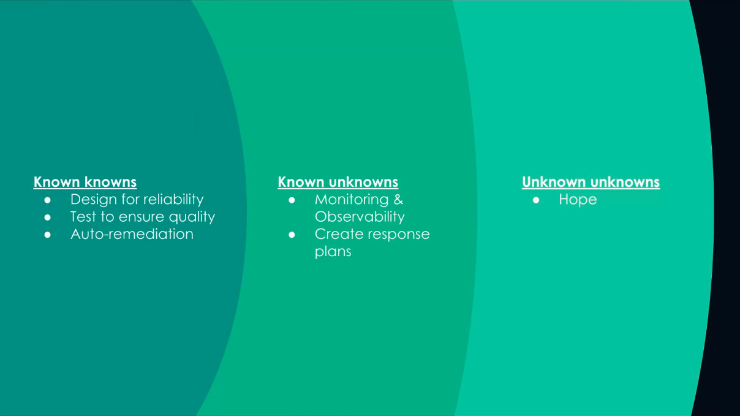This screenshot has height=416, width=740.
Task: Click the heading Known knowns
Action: coord(85,182)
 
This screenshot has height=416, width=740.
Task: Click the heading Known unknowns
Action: coord(338,182)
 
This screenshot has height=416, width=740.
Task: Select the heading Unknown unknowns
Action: coord(591,182)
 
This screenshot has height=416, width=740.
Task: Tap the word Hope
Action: coord(578,200)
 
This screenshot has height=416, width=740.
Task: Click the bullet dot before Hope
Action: coord(536,200)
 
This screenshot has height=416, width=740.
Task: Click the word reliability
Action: coord(173,200)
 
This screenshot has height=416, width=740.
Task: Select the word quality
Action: coord(192,217)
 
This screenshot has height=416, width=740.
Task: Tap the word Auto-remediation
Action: coord(132,234)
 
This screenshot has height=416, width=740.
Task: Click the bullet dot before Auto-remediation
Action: coord(48,235)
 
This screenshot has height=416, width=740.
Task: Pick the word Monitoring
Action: coord(352,200)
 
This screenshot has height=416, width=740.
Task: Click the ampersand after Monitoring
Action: coord(398,200)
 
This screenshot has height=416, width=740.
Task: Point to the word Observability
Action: coord(360,217)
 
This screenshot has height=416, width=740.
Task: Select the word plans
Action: coord(333,252)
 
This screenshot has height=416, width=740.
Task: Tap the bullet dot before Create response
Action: coord(292,235)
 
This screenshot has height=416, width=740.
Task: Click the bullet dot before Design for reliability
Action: coord(48,200)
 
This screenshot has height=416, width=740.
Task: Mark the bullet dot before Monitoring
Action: coord(292,200)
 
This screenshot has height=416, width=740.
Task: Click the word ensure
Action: coord(142,217)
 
